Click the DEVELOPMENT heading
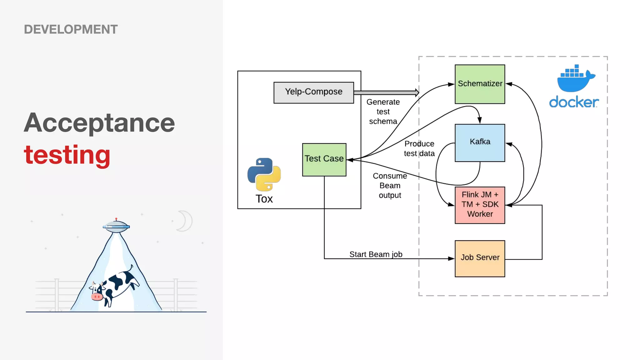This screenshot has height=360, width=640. (71, 29)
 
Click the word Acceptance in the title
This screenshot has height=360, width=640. (99, 123)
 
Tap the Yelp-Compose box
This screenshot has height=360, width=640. (313, 92)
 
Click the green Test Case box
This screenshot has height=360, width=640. (324, 159)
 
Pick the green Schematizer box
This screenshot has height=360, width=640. (480, 84)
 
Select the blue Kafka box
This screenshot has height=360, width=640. (480, 142)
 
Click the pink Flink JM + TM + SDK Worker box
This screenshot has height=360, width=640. (480, 205)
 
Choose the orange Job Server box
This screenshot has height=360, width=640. (480, 258)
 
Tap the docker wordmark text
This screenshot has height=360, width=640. (574, 102)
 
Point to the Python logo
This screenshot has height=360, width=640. (264, 174)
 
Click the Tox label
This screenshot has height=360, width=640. (264, 199)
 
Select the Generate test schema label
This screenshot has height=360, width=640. (383, 112)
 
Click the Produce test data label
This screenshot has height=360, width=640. (419, 148)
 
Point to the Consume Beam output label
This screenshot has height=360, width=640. (390, 186)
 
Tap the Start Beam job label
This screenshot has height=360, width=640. (376, 254)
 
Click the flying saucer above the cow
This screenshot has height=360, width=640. (116, 226)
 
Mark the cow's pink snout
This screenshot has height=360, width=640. (97, 297)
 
